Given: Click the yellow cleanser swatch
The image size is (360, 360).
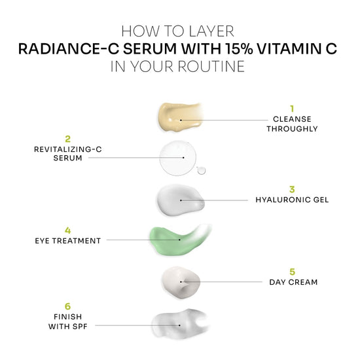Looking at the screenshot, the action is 180,118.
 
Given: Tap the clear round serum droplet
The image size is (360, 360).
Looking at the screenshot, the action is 178,158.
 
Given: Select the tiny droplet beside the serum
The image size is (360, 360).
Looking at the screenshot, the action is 202,170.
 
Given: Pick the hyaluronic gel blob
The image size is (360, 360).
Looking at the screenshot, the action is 181,200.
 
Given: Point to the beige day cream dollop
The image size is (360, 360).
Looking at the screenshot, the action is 181,282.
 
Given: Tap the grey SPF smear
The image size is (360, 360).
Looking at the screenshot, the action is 180,324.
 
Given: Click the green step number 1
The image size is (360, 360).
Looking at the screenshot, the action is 292,109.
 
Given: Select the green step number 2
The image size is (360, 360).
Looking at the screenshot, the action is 67,139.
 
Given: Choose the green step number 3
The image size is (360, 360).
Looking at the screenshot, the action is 292,189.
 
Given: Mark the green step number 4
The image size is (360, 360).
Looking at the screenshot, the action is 67,230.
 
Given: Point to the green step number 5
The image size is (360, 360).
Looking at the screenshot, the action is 293,272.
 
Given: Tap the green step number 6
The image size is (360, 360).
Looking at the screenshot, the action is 67,306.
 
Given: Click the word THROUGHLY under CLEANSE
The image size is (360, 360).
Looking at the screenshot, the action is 292,129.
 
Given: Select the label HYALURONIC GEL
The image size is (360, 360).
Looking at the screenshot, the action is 292,200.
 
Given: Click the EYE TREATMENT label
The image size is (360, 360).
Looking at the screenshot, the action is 67,241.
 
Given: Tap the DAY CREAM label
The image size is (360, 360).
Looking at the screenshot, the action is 293,282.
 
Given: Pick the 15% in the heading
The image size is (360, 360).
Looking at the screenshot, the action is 239,48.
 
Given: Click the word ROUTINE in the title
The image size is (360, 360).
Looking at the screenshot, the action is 211,67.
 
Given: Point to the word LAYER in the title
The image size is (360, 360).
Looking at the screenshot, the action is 211,31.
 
